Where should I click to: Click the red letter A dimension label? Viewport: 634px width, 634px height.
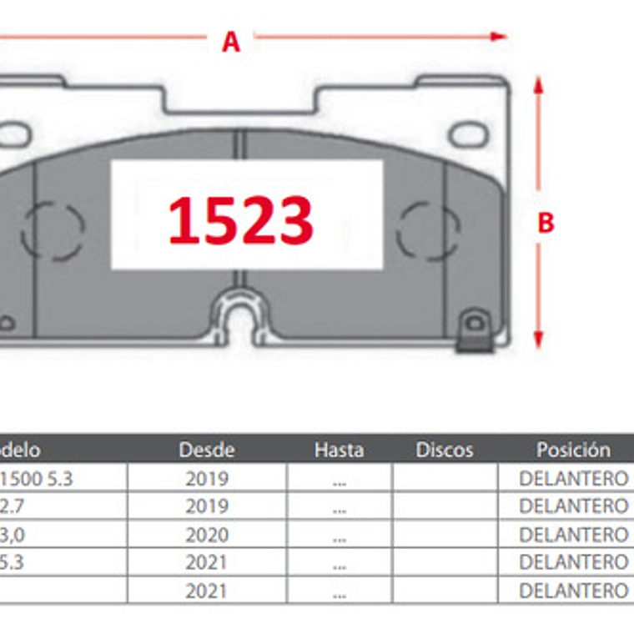coord(231,41)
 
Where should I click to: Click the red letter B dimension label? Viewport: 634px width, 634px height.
coord(546,223)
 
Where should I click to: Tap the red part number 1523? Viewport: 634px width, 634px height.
coord(241,220)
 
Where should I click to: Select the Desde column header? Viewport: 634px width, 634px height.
coord(207,450)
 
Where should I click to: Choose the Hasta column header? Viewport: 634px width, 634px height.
coord(339,450)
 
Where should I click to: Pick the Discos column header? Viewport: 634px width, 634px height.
coord(445,450)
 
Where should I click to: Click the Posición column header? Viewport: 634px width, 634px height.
coord(573,450)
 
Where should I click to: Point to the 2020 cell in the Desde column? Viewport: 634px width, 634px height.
coord(207,534)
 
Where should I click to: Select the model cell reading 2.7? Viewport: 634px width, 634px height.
coord(12,506)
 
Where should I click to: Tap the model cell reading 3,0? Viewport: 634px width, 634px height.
coord(12,534)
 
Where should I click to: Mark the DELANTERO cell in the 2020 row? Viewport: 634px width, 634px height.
coord(573,534)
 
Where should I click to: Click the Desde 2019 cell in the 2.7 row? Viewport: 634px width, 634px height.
coord(207,506)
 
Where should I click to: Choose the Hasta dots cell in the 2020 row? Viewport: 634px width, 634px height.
coord(339,535)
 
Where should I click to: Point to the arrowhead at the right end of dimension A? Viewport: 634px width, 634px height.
coord(499,36)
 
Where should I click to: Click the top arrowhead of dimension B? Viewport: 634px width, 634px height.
coord(539,85)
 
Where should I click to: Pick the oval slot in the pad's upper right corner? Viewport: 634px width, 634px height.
coord(467,133)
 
